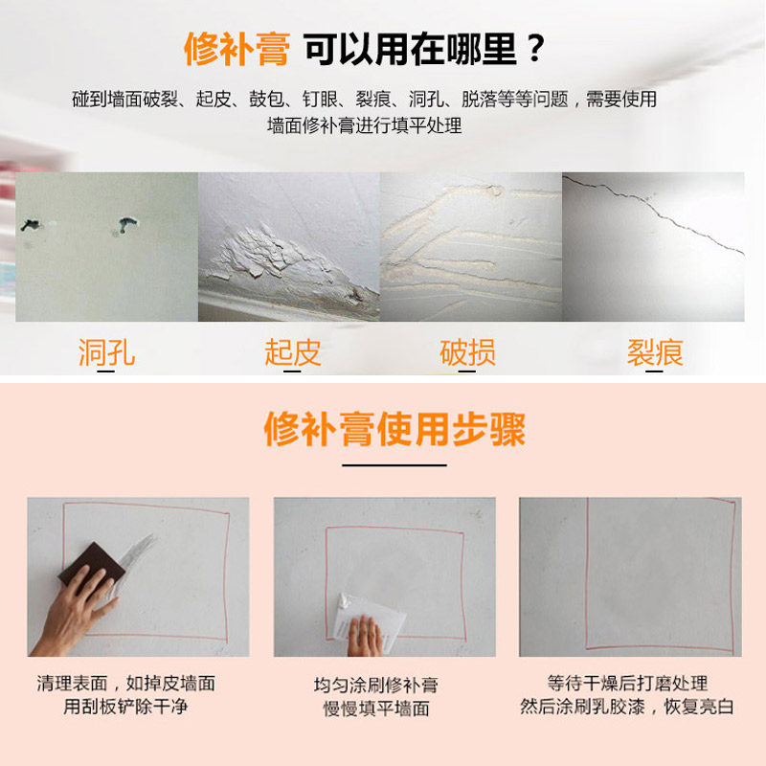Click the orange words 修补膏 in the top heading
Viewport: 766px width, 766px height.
[236, 49]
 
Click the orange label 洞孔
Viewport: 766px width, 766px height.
[106, 353]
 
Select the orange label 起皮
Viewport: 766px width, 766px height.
[292, 353]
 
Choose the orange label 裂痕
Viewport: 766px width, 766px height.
[655, 353]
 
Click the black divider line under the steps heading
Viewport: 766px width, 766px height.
[394, 464]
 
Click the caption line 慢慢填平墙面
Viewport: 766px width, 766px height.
[375, 710]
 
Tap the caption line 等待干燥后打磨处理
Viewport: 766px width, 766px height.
[627, 684]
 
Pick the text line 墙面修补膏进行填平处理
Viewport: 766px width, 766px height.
[364, 125]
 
